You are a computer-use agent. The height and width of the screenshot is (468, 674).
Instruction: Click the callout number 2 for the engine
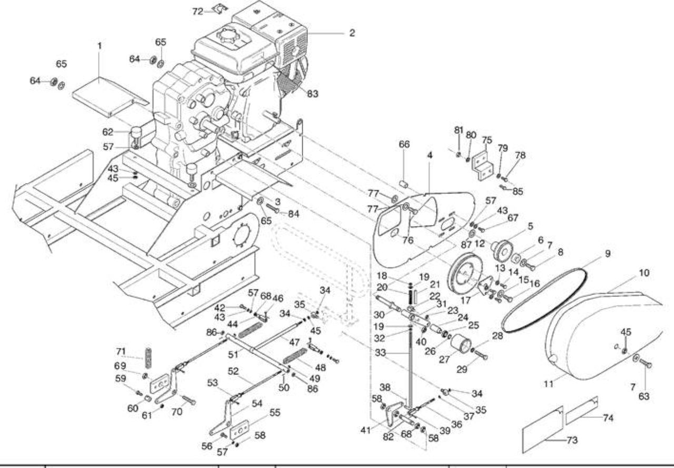pyautogui.click(x=352, y=33)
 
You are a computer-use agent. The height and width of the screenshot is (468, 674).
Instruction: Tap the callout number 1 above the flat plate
pyautogui.click(x=100, y=46)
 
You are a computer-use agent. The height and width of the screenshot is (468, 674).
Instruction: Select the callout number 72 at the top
pyautogui.click(x=197, y=12)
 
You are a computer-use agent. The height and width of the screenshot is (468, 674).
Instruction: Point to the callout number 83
pyautogui.click(x=313, y=94)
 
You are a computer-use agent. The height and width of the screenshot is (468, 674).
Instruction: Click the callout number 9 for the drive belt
pyautogui.click(x=608, y=253)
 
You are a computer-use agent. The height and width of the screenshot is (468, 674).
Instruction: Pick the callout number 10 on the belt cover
pyautogui.click(x=644, y=273)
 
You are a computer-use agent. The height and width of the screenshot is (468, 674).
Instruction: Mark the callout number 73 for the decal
pyautogui.click(x=572, y=440)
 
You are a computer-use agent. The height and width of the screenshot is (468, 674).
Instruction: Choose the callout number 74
pyautogui.click(x=608, y=418)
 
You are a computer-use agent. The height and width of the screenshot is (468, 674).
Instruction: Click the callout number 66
pyautogui.click(x=404, y=144)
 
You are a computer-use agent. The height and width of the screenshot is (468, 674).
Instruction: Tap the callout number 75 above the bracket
pyautogui.click(x=487, y=140)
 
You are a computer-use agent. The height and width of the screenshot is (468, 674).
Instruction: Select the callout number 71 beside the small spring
pyautogui.click(x=121, y=352)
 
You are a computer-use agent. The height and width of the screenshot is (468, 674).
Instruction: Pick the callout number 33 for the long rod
pyautogui.click(x=381, y=353)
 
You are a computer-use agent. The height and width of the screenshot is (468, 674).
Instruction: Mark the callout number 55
pyautogui.click(x=275, y=412)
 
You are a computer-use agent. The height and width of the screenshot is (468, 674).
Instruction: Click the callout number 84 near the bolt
pyautogui.click(x=294, y=214)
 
